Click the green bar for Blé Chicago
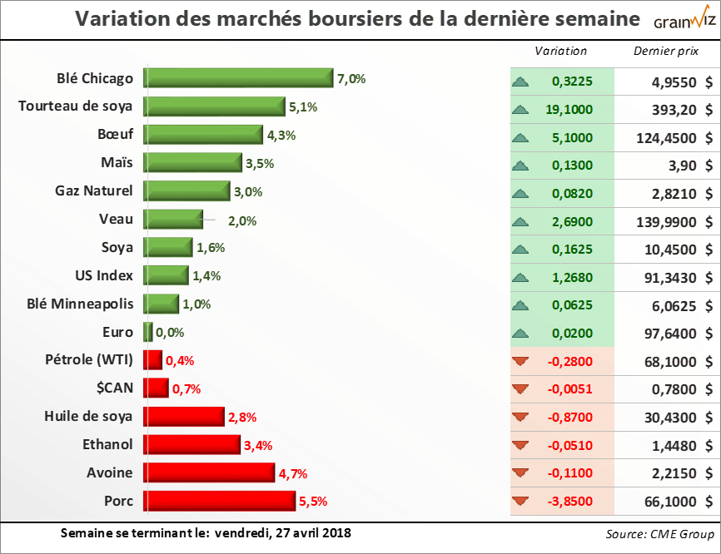238,78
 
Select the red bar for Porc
220,501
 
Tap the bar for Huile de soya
184,416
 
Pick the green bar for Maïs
192,163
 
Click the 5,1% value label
303,107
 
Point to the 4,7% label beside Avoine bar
294,474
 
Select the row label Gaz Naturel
92,190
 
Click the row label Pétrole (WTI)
89,360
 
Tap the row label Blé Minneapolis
80,304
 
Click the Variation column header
560,51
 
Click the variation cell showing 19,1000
572,108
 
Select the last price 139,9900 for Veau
670,220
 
